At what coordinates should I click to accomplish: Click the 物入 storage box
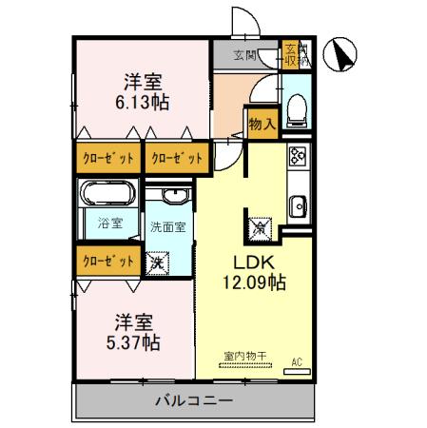pos(261,123)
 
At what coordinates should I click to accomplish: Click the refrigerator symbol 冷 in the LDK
pos(260,227)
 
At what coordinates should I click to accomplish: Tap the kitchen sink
pos(297,203)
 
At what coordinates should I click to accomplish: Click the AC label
pos(296,360)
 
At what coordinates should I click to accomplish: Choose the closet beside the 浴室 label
pos(107,260)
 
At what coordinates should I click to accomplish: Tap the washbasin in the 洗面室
pos(174,197)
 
